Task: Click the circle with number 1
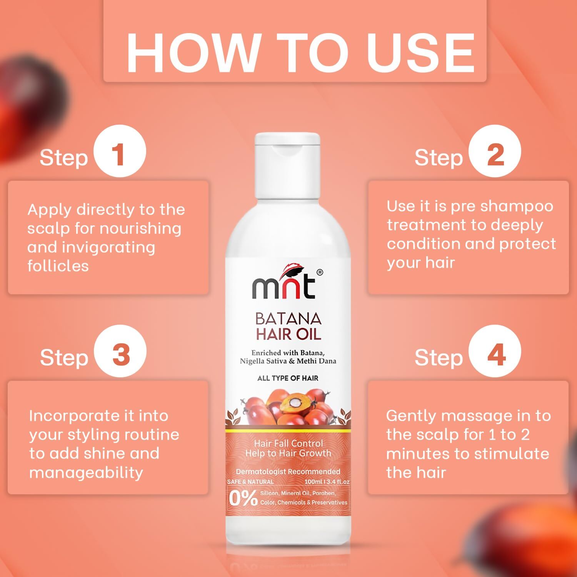pyautogui.click(x=120, y=151)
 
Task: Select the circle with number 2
pyautogui.click(x=495, y=151)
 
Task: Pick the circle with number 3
pyautogui.click(x=121, y=351)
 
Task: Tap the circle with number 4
pyautogui.click(x=495, y=351)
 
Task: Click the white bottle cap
pyautogui.click(x=288, y=162)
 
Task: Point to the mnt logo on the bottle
pyautogui.click(x=284, y=285)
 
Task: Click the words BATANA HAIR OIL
pyautogui.click(x=288, y=326)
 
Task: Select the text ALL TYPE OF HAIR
pyautogui.click(x=288, y=378)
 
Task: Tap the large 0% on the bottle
pyautogui.click(x=243, y=499)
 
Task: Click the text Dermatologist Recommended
pyautogui.click(x=288, y=472)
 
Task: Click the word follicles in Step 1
pyautogui.click(x=58, y=266)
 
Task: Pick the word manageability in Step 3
pyautogui.click(x=86, y=472)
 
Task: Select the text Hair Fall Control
pyautogui.click(x=288, y=443)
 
